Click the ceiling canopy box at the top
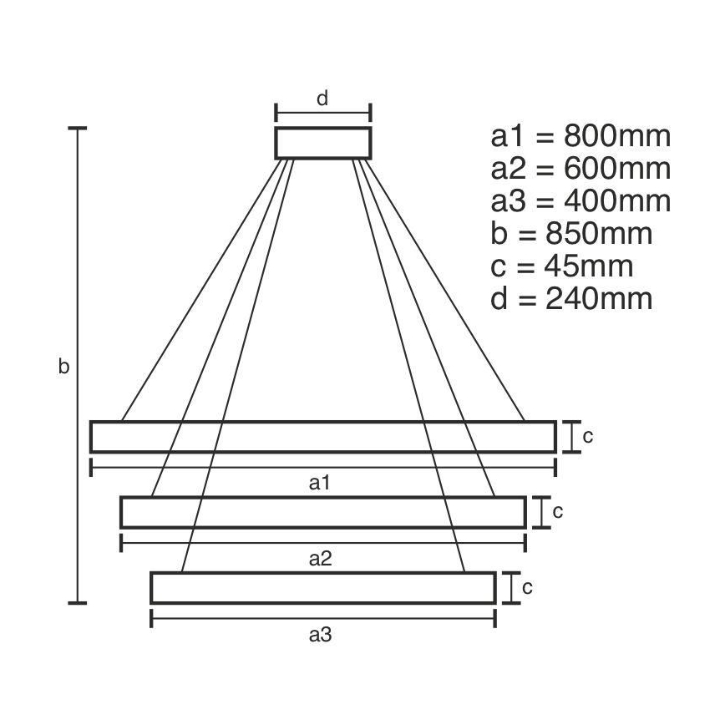pyautogui.click(x=323, y=143)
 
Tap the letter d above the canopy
pyautogui.click(x=322, y=99)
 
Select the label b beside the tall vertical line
pyautogui.click(x=63, y=367)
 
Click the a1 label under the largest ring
pyautogui.click(x=321, y=482)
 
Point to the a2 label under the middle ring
pyautogui.click(x=321, y=559)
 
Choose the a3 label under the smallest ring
pyautogui.click(x=321, y=635)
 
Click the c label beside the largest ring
pyautogui.click(x=587, y=436)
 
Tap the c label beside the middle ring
pyautogui.click(x=557, y=511)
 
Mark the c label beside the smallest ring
pyautogui.click(x=527, y=587)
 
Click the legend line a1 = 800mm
pyautogui.click(x=581, y=136)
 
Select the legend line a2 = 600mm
pyautogui.click(x=581, y=169)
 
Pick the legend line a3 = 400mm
pyautogui.click(x=581, y=201)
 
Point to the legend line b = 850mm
pyautogui.click(x=571, y=234)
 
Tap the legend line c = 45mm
pyautogui.click(x=561, y=266)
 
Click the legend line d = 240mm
pyautogui.click(x=571, y=299)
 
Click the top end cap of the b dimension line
pyautogui.click(x=78, y=129)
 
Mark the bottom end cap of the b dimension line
pyautogui.click(x=78, y=601)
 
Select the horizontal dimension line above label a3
pyautogui.click(x=322, y=618)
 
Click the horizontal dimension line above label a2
pyautogui.click(x=322, y=543)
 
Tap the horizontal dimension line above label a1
pyautogui.click(x=322, y=466)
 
